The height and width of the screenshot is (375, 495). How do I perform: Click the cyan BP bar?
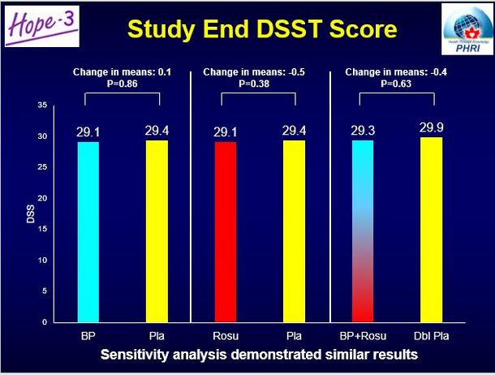(88, 231)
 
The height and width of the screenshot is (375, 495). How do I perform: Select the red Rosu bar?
(225, 231)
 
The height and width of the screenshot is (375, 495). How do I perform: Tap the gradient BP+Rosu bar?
(363, 231)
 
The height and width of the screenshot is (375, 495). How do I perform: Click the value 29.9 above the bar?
(431, 127)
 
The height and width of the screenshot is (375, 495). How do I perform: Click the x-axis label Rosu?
(225, 334)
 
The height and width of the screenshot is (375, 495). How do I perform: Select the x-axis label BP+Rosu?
(363, 334)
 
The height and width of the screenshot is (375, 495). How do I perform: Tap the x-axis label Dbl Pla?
(431, 334)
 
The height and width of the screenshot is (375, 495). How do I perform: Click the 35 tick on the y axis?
(44, 106)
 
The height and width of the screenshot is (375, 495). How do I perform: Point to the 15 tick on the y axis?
(44, 230)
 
